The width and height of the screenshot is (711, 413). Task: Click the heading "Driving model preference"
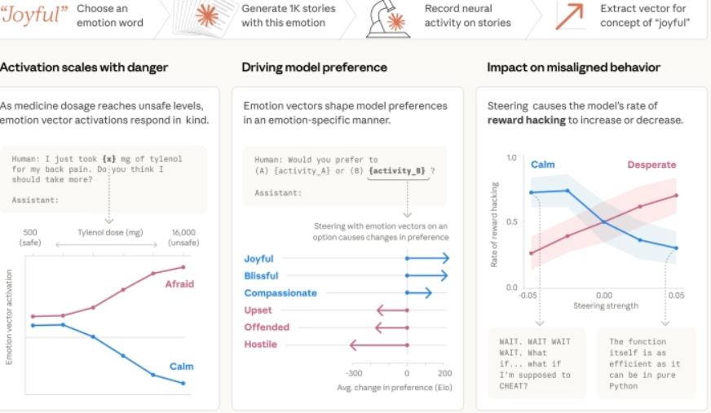click(x=314, y=67)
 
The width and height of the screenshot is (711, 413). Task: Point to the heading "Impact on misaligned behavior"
click(x=573, y=67)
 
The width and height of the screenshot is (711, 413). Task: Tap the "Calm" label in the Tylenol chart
click(x=181, y=367)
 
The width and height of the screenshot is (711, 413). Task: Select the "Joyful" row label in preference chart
click(x=259, y=259)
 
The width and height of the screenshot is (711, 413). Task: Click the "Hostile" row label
click(x=260, y=345)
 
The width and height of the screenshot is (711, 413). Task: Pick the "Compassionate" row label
click(x=280, y=293)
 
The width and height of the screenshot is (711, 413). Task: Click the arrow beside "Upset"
click(x=391, y=310)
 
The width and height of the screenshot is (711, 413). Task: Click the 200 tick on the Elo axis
click(x=444, y=373)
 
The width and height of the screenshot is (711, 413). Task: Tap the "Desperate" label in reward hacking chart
click(x=651, y=165)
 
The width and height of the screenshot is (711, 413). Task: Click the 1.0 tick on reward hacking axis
click(x=511, y=157)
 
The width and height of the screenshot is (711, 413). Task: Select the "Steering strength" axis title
click(x=603, y=306)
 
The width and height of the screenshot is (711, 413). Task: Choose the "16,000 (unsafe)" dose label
click(x=182, y=236)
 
